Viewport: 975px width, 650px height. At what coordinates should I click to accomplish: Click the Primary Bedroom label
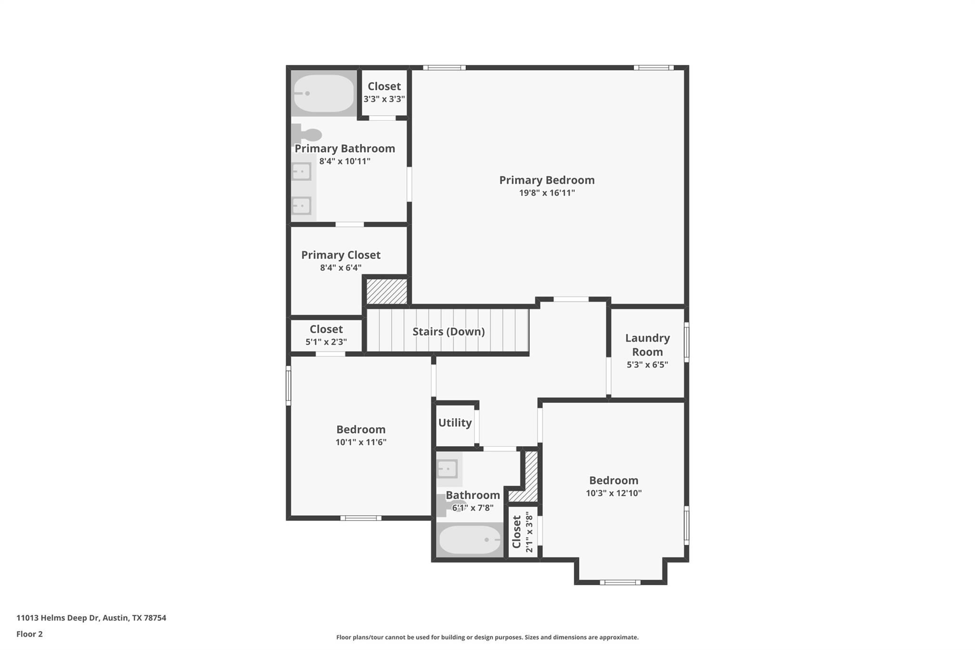tap(547, 180)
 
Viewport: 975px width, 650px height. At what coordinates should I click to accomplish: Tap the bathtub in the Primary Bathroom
tap(324, 93)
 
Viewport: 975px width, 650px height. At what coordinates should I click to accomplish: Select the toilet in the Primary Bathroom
tap(307, 134)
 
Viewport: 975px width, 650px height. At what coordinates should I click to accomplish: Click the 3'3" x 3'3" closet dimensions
tap(384, 99)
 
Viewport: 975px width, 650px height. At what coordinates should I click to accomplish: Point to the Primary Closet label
tap(340, 255)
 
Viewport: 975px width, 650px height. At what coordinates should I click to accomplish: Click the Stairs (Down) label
tap(448, 331)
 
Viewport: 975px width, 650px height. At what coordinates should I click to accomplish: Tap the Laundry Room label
tap(647, 345)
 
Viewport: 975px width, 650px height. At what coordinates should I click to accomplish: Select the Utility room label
tap(455, 422)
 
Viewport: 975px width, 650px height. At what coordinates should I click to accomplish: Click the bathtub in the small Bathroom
tap(469, 540)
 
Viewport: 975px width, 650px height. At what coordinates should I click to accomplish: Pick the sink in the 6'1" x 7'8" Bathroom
tap(448, 469)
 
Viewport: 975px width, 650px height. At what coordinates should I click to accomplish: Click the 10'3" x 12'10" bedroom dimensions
tap(613, 493)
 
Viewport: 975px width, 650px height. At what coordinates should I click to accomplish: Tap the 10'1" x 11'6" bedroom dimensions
tap(360, 442)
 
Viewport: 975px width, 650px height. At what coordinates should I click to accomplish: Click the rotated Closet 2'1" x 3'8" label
tap(517, 532)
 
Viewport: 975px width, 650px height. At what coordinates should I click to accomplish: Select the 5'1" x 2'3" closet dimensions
tap(326, 341)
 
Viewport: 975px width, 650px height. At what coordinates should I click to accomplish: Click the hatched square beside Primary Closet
tap(387, 291)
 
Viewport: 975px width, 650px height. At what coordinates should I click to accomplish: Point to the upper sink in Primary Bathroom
tap(301, 171)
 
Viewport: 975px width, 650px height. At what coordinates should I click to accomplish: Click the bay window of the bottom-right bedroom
tap(620, 582)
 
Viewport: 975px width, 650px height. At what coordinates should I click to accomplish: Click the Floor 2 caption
tap(30, 634)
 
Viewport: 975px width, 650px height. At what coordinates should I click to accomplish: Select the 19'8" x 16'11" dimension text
tap(547, 193)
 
